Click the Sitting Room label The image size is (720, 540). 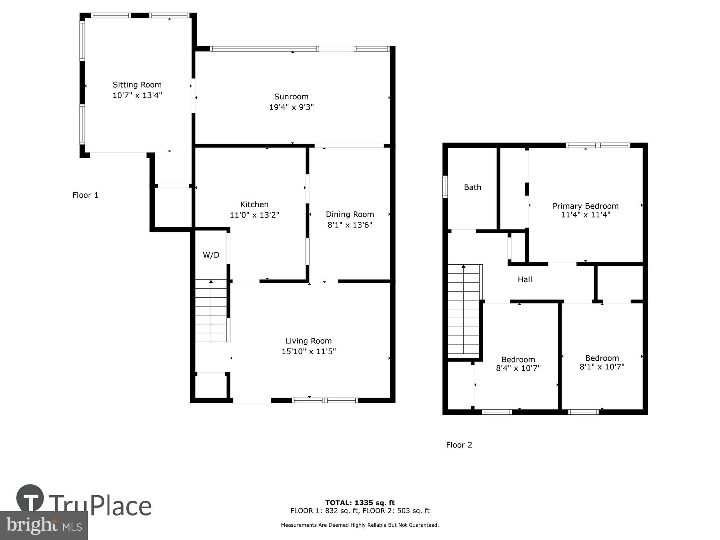(x=137, y=85)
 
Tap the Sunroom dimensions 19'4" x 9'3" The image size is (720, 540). (x=291, y=107)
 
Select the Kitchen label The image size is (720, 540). (x=254, y=204)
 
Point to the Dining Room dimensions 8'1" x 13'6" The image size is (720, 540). (x=350, y=225)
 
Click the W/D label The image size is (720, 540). (x=211, y=255)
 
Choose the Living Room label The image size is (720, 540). (x=309, y=341)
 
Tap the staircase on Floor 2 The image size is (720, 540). (x=464, y=311)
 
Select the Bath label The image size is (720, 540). (x=472, y=187)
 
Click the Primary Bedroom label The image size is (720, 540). (x=585, y=206)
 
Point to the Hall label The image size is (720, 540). (x=525, y=279)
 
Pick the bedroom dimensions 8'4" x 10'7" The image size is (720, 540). (x=518, y=368)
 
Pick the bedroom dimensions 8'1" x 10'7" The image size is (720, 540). (x=602, y=367)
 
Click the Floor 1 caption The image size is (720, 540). (x=85, y=195)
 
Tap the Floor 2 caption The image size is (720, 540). (x=459, y=445)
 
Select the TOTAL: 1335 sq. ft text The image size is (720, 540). (x=360, y=503)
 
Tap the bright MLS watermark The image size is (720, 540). (x=44, y=526)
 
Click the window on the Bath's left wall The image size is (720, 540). (x=445, y=187)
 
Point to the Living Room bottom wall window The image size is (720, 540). (x=324, y=400)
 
